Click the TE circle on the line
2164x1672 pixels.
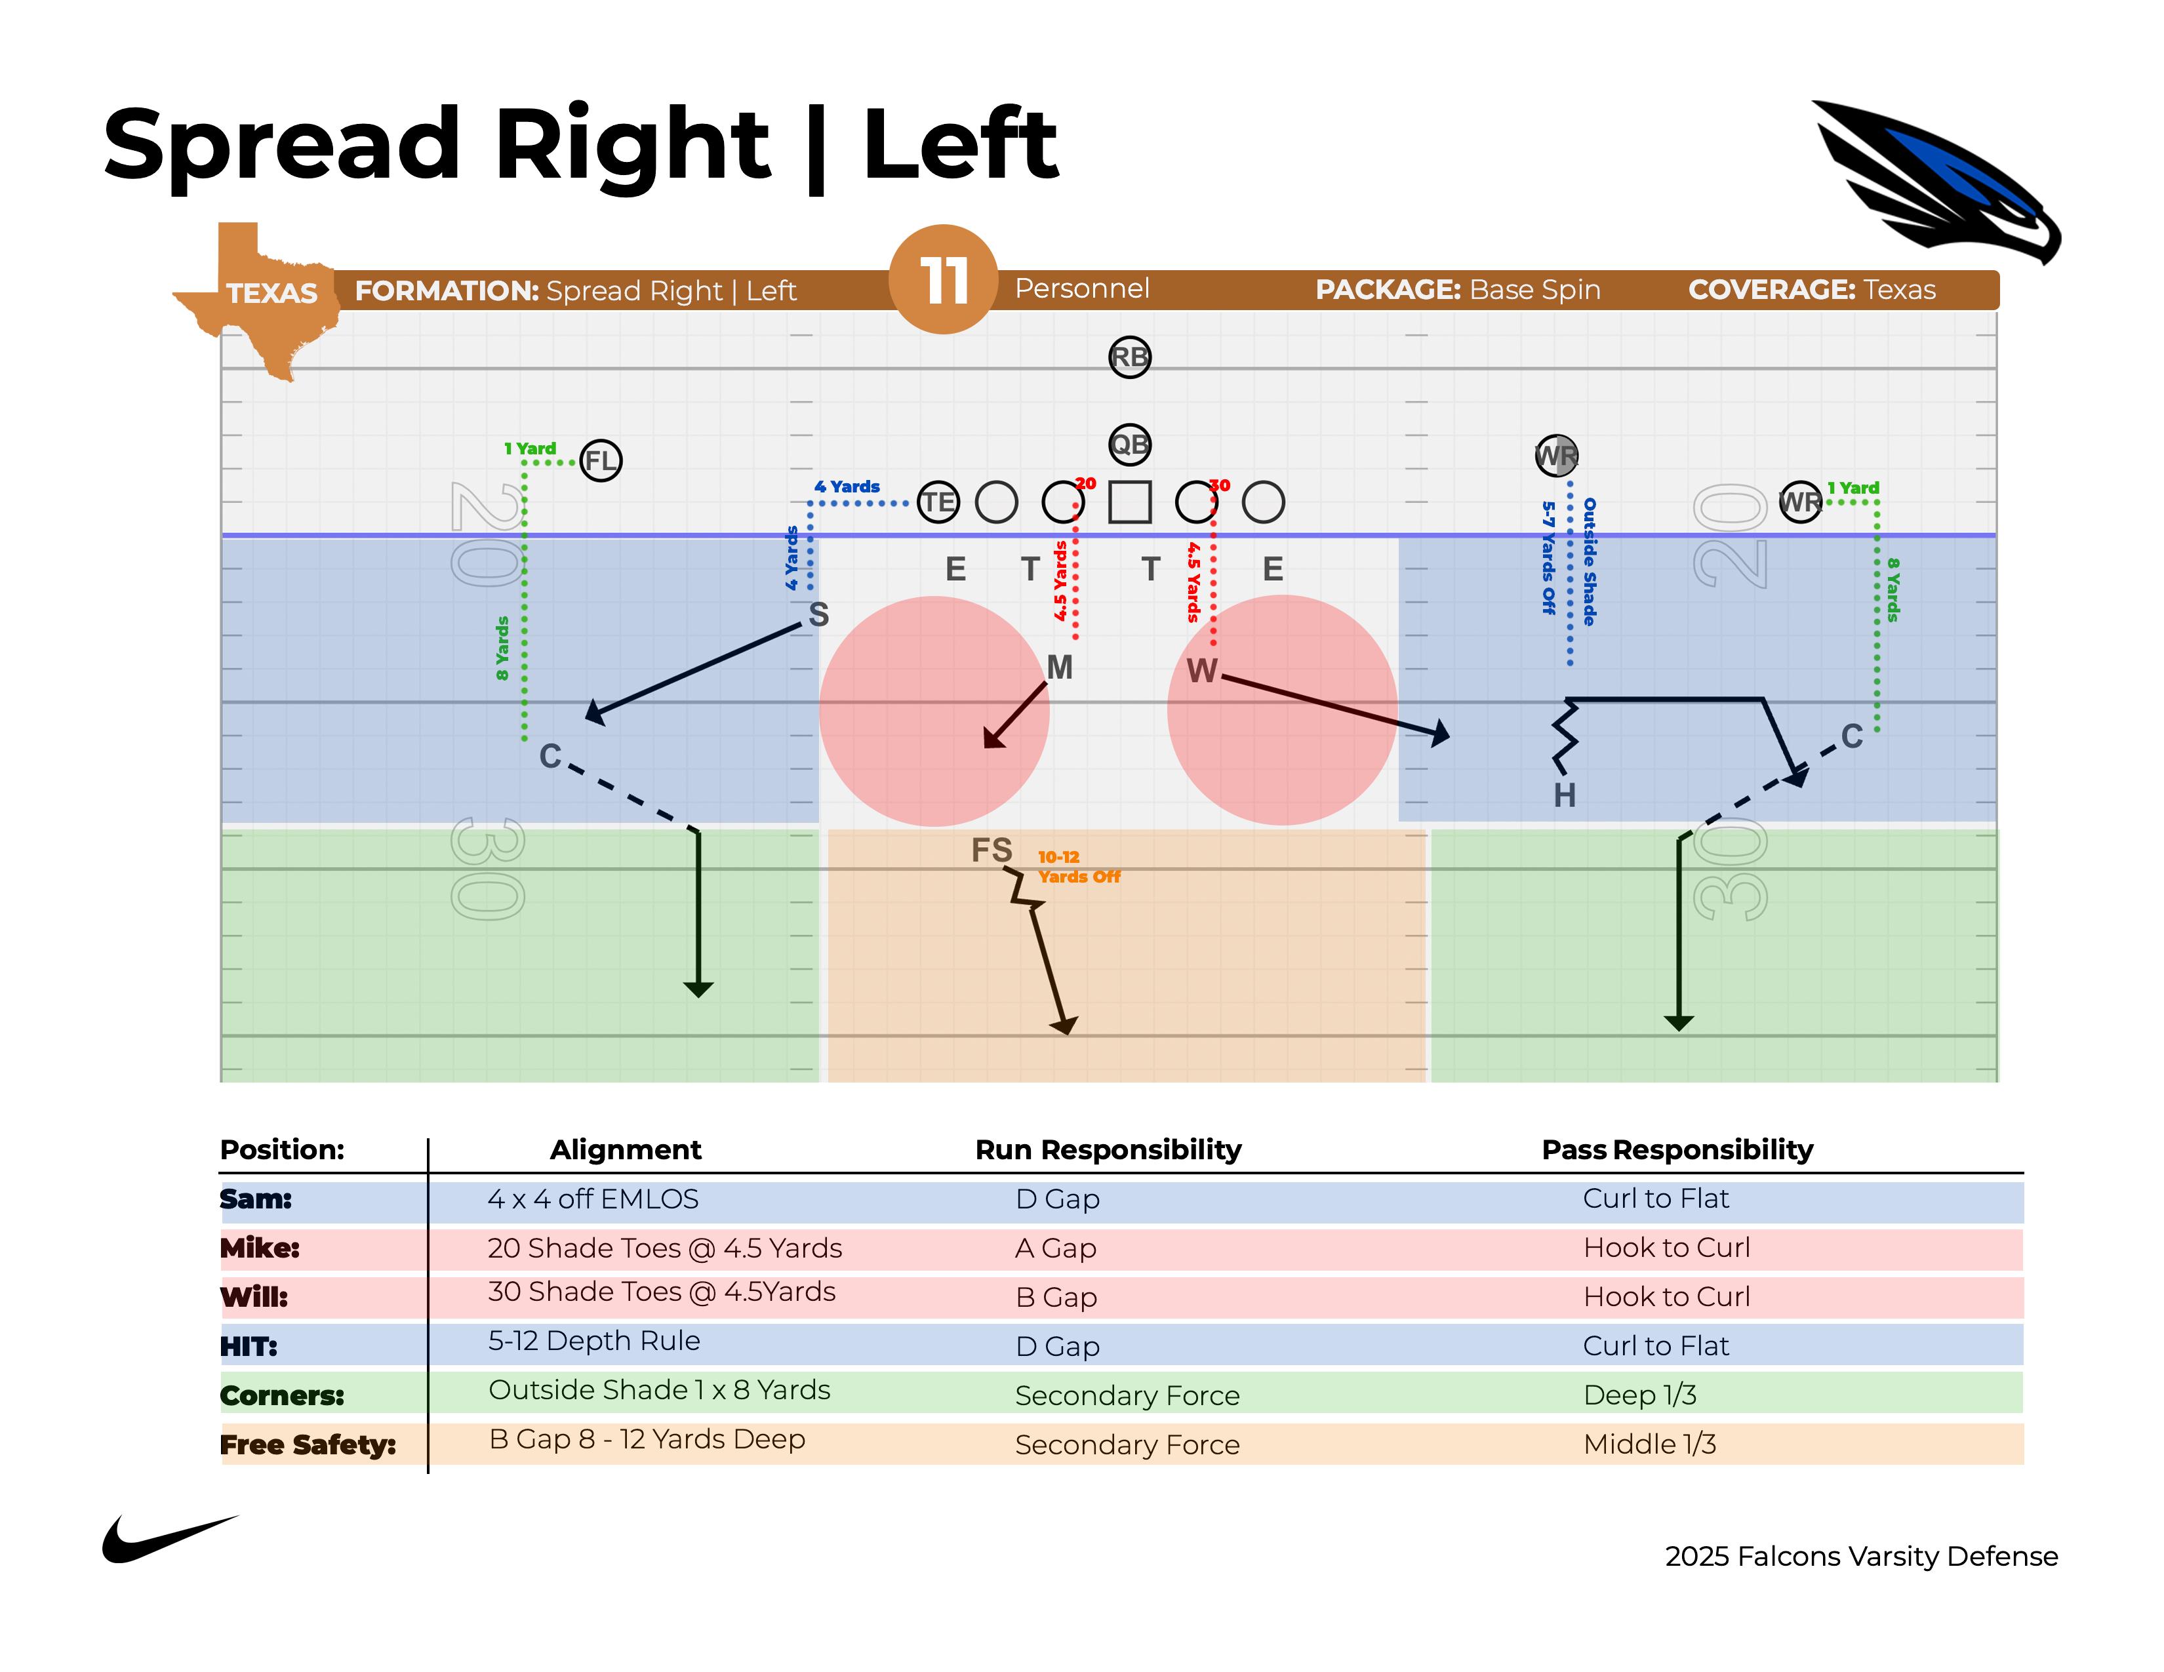[x=937, y=502]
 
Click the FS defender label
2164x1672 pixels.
[x=991, y=850]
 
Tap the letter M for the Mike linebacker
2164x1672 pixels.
[x=1059, y=667]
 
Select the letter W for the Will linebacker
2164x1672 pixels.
[x=1201, y=671]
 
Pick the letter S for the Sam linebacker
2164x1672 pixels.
[x=818, y=615]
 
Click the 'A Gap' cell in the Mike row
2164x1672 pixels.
[x=1055, y=1248]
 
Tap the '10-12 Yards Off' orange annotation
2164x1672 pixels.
[x=1078, y=867]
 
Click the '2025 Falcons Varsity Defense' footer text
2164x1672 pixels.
[x=1861, y=1556]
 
